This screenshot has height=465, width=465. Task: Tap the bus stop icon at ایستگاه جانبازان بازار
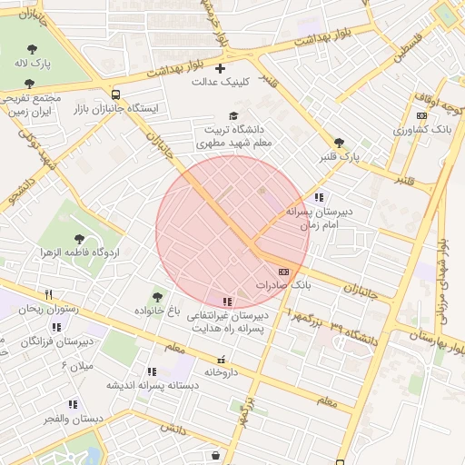coord(115,94)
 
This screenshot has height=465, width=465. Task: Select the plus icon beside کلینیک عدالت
coord(220,68)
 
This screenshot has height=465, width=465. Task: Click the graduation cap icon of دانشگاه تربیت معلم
coord(234,115)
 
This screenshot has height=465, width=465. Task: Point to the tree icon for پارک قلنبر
coord(340,143)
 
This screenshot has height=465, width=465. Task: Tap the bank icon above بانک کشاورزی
coord(421,115)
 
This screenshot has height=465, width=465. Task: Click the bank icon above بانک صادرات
coord(283,271)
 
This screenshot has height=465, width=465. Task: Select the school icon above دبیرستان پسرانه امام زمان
coord(318,197)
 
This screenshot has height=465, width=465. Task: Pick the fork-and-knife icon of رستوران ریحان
coord(49,294)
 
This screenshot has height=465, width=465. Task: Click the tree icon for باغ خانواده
coord(157,296)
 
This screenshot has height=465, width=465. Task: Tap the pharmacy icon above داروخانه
coord(221,359)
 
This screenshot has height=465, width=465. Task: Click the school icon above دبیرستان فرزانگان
coord(56,327)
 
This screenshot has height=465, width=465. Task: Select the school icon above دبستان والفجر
coord(73,404)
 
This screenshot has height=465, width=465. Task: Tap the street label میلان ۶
coord(77,365)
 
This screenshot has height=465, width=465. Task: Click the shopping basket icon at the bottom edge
coord(214,455)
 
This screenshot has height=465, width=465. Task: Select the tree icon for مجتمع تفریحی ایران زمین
coord(29,84)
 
